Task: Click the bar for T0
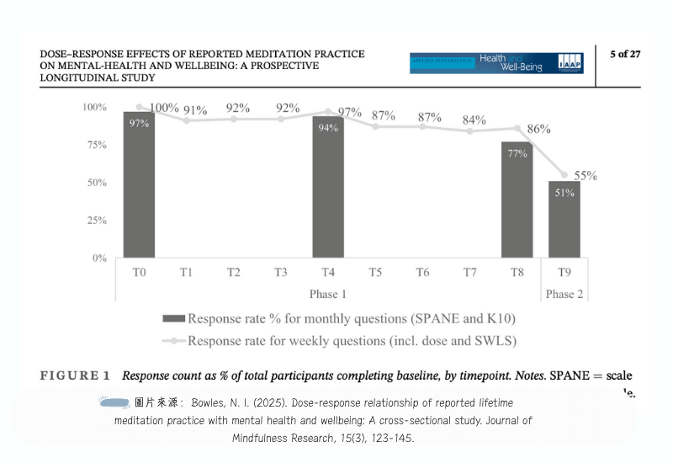(139, 184)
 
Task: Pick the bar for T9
(564, 219)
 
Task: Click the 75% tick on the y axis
(94, 145)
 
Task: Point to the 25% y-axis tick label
(94, 221)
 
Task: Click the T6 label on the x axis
(422, 272)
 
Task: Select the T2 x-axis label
(233, 272)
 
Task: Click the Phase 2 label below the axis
(564, 294)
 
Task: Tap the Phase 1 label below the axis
(328, 294)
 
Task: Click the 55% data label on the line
(586, 176)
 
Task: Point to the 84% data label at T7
(474, 120)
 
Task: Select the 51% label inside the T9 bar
(564, 193)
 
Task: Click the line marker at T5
(375, 126)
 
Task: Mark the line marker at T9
(564, 175)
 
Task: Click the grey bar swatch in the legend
(173, 319)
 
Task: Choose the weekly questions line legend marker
(173, 341)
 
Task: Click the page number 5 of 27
(625, 55)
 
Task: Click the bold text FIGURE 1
(75, 375)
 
